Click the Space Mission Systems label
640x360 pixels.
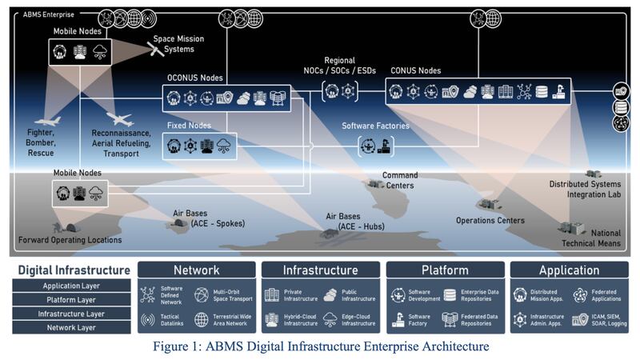coord(178,44)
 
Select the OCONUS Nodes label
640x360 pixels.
coord(195,78)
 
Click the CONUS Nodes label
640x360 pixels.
coord(415,70)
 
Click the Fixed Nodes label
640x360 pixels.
coord(189,126)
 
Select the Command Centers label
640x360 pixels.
coord(399,180)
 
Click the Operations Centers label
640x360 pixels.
coord(490,221)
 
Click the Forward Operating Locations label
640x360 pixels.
coord(70,239)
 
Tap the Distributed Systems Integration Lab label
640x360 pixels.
coord(585,189)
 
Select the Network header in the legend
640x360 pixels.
coord(196,270)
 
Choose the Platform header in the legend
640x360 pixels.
coord(445,270)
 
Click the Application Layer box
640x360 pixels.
coord(73,285)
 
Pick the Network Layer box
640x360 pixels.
coord(73,328)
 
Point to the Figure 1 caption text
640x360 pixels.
coord(319,346)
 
